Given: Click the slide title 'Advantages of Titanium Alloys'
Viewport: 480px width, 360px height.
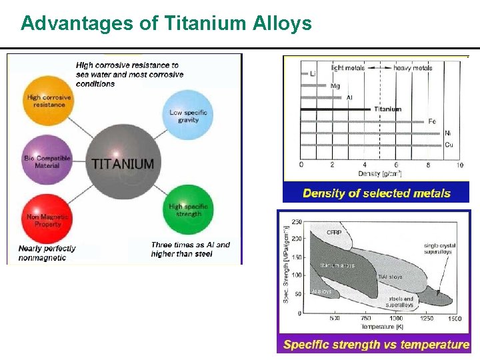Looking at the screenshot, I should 166,23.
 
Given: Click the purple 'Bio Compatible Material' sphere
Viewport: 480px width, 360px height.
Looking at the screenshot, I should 47,161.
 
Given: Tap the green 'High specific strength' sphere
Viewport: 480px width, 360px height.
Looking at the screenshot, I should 189,209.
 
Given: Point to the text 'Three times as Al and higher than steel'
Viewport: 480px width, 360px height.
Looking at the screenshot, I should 190,249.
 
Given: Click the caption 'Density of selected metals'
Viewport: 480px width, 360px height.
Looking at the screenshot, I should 377,193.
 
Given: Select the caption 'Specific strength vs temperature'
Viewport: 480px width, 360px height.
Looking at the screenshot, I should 376,345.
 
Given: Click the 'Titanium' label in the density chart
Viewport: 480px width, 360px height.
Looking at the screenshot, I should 387,109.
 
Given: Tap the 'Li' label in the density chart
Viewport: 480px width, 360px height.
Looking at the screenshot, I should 313,74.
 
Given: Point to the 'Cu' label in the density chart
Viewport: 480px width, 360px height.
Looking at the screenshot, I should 449,145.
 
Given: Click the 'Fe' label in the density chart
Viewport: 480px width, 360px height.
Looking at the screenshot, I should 432,121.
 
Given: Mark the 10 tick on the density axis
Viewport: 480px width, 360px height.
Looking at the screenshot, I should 459,165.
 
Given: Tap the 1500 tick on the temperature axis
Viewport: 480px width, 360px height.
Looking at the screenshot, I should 455,319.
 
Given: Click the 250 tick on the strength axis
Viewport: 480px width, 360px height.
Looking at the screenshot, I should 297,222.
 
